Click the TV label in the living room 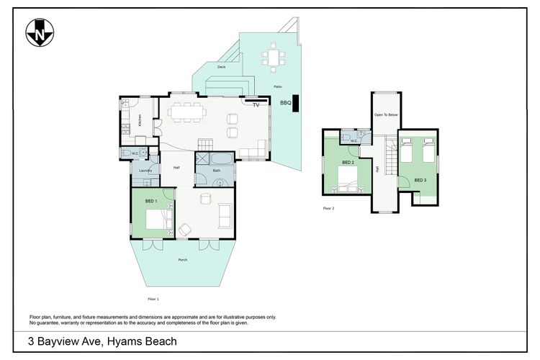pos(256,105)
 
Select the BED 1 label pos(151,200)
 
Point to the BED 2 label pos(348,163)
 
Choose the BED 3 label pos(420,179)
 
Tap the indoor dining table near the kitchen pos(188,112)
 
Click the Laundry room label pos(144,171)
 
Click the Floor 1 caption pos(153,298)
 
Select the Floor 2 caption pos(328,208)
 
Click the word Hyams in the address pos(128,341)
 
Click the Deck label pos(222,67)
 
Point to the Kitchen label pos(140,120)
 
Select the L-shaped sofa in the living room pos(253,150)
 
